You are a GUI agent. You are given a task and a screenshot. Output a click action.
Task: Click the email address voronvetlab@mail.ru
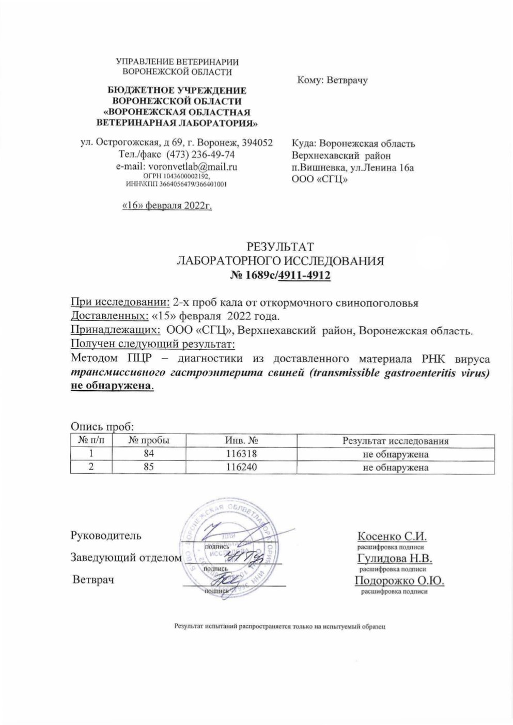192,166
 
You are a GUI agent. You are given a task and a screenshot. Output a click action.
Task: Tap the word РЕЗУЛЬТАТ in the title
279,246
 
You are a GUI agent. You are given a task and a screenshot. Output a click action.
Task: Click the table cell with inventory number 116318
241,454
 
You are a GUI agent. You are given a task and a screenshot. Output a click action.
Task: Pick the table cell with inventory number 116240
241,467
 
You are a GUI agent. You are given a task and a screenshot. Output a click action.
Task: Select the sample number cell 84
149,454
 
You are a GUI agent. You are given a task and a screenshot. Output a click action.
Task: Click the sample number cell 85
149,467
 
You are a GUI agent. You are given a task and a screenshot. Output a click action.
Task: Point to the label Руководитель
105,535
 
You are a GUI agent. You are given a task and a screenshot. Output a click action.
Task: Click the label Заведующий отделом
126,558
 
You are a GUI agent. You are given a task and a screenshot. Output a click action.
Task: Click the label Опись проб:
102,427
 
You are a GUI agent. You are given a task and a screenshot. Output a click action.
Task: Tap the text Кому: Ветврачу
332,81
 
